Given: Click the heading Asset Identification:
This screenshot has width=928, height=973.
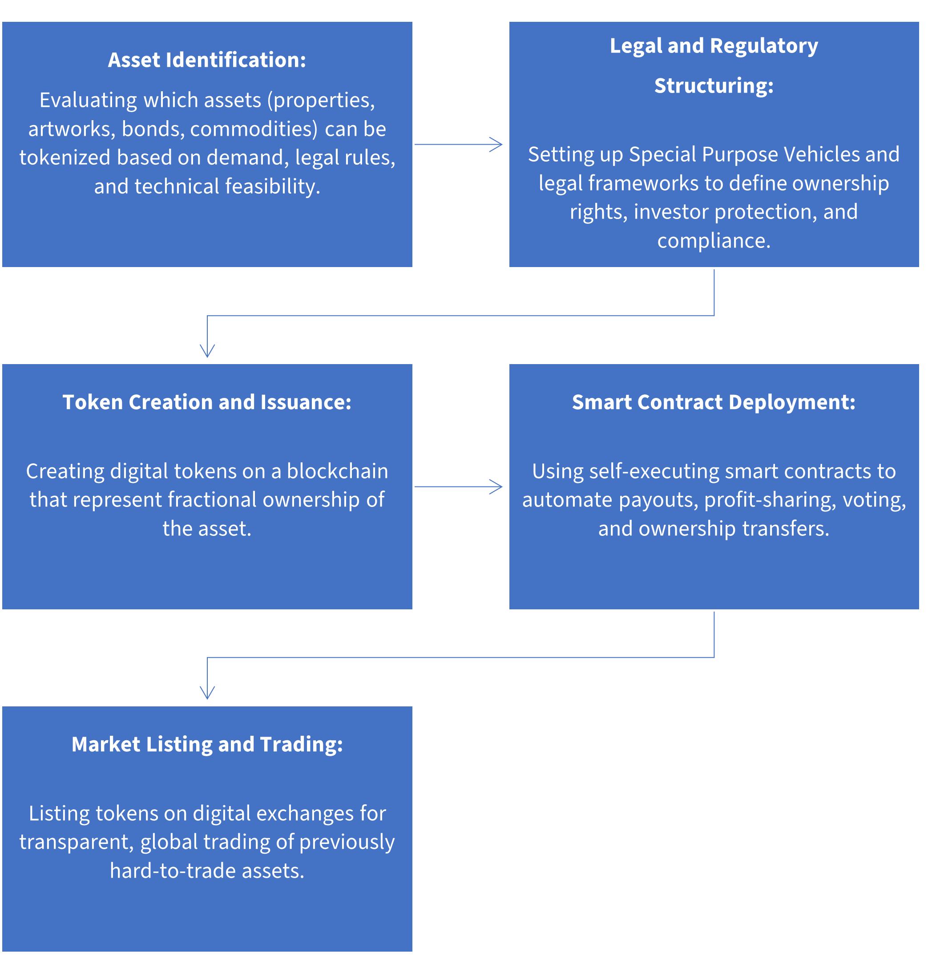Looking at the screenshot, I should click(207, 60).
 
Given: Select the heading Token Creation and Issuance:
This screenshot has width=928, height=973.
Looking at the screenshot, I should click(207, 402).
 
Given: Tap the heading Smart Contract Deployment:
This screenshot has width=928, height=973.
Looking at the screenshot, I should click(713, 402).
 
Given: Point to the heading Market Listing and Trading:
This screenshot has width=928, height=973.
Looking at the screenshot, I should click(207, 744).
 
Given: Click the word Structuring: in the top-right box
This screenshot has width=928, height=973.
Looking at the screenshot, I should click(713, 85).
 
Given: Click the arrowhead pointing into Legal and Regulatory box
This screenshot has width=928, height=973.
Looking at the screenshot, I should click(496, 145).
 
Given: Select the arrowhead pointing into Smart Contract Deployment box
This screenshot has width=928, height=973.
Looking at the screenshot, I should click(496, 486).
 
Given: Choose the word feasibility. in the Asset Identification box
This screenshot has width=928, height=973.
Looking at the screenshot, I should click(273, 186).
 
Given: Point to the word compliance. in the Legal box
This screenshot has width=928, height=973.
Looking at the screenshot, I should click(713, 241).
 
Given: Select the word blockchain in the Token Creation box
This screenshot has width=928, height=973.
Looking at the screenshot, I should click(337, 471).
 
